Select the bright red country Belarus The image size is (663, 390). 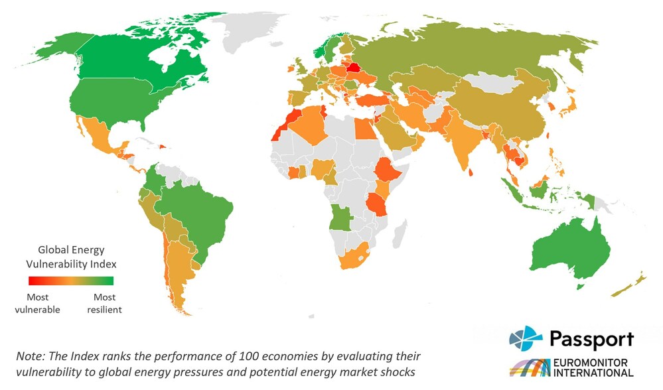coord(354,67)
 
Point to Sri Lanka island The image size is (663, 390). coord(471,172)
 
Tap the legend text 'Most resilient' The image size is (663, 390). coord(104,303)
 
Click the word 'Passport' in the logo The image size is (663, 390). coord(591,340)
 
